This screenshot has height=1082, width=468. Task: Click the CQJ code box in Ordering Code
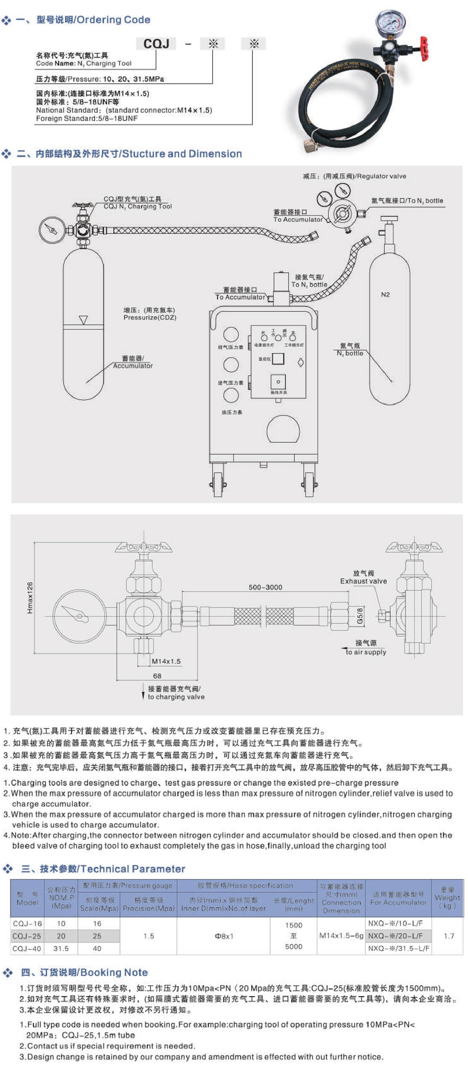pos(156,44)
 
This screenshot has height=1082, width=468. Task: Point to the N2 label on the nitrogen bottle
pos(385,295)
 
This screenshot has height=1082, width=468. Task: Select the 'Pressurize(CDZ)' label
pos(149,318)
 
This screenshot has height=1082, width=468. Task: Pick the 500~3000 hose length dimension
pos(265,587)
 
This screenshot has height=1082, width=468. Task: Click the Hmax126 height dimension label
pos(30,598)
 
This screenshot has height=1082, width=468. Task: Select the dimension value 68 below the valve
pos(157,676)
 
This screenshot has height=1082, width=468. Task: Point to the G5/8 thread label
pos(360,616)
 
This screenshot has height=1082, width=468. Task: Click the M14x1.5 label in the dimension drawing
pos(166,661)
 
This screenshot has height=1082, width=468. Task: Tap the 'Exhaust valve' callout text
pos(363,581)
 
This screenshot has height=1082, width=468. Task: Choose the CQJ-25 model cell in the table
pos(27,936)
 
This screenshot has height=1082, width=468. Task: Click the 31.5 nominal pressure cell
pos(61,948)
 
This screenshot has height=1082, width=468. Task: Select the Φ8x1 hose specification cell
pos(223,936)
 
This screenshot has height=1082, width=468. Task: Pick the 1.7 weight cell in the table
pos(448,936)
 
